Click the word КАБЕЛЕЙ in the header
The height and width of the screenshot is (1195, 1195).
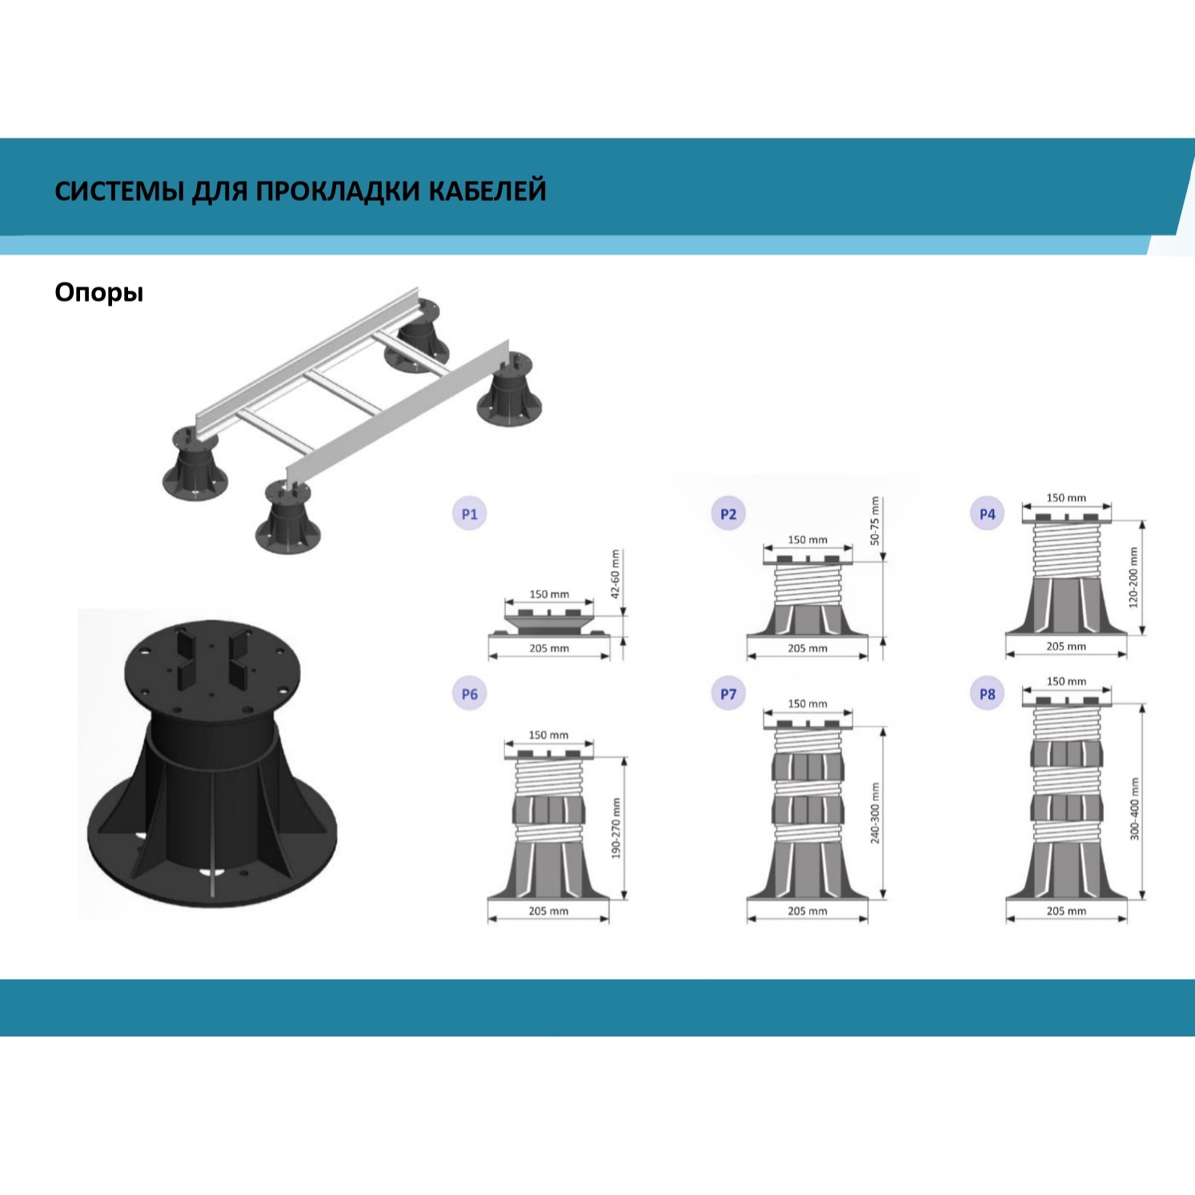[487, 190]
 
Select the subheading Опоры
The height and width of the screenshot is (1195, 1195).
[99, 293]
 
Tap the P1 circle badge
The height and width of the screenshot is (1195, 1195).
[470, 514]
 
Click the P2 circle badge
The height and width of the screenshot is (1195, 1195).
[728, 514]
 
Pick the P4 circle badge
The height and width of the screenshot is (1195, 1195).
[988, 514]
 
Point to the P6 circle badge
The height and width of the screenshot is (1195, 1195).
[470, 694]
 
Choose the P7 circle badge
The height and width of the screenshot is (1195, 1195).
[728, 694]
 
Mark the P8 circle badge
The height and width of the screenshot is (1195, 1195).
[988, 694]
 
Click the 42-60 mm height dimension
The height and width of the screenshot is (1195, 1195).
[616, 574]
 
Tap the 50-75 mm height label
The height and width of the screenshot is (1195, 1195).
[875, 521]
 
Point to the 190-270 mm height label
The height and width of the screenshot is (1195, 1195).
[616, 828]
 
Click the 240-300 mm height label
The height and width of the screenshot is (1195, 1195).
[875, 812]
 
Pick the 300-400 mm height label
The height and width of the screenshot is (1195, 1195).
[1134, 808]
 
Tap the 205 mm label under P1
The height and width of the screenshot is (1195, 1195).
[549, 648]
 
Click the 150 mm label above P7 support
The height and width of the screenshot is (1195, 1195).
[808, 704]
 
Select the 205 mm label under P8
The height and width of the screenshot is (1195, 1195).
[1066, 911]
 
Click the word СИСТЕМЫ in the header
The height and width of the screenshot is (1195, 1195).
[120, 190]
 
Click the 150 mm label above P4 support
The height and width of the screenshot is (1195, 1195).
[1066, 498]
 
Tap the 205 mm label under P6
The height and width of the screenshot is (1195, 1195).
[548, 911]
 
